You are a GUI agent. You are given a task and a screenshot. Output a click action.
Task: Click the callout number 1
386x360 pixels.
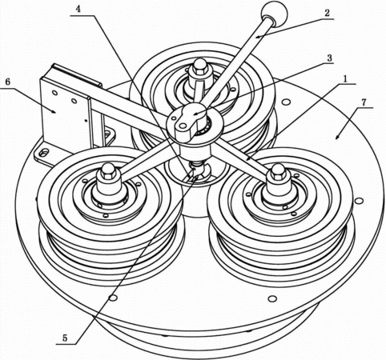[345, 79]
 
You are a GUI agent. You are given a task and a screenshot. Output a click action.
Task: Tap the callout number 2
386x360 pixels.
[327, 13]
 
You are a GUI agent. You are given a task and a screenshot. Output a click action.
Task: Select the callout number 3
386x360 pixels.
[329, 58]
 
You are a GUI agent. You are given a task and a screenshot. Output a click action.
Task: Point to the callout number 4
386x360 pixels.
[78, 9]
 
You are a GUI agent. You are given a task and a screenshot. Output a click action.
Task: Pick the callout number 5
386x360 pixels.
[65, 338]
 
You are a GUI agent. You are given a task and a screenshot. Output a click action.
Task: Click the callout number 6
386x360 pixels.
[7, 82]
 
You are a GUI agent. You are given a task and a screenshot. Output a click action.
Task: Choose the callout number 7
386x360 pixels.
[364, 102]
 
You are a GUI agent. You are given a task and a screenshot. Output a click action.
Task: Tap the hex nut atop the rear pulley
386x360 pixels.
[199, 67]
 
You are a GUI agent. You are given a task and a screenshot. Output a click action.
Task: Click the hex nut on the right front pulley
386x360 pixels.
[279, 172]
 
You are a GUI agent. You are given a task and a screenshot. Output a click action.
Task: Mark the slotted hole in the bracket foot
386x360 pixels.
[44, 153]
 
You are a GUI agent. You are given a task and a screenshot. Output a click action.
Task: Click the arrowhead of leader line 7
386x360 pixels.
[336, 138]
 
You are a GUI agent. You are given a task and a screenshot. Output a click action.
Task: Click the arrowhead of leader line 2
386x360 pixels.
[257, 37]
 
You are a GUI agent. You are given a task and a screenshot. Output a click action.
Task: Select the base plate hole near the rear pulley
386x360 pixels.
[287, 102]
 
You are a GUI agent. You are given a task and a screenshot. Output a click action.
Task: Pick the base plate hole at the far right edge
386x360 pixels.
[360, 201]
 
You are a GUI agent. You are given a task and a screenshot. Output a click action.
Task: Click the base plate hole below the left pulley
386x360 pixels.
[113, 298]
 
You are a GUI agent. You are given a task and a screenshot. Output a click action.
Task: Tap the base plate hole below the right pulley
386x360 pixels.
[272, 299]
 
